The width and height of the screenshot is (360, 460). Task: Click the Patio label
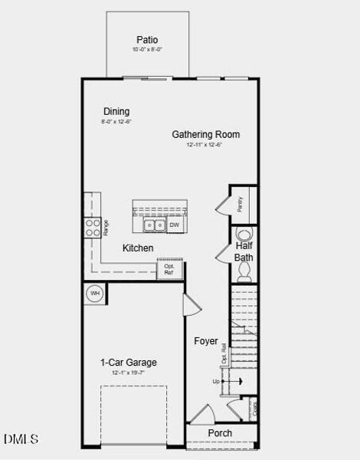pyautogui.click(x=147, y=40)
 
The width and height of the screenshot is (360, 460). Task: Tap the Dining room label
pyautogui.click(x=116, y=111)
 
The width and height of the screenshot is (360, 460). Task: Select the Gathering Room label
pyautogui.click(x=205, y=134)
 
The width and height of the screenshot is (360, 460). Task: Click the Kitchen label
pyautogui.click(x=138, y=248)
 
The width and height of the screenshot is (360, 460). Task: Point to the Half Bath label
pyautogui.click(x=244, y=251)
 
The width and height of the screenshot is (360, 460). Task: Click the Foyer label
pyautogui.click(x=205, y=341)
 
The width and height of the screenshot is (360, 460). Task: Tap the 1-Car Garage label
pyautogui.click(x=129, y=363)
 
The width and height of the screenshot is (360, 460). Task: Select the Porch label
pyautogui.click(x=220, y=433)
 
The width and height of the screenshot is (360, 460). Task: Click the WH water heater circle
pyautogui.click(x=96, y=293)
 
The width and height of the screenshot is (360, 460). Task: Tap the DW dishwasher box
pyautogui.click(x=174, y=225)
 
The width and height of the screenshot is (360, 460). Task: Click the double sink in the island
pyautogui.click(x=153, y=225)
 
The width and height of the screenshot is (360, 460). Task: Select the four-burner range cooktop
pyautogui.click(x=92, y=227)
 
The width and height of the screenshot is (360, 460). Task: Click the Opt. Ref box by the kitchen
pyautogui.click(x=169, y=269)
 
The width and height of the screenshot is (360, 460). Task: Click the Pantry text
pyautogui.click(x=240, y=204)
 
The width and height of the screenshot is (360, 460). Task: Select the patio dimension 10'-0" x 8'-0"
pyautogui.click(x=147, y=50)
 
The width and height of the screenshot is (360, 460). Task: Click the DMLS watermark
pyautogui.click(x=21, y=439)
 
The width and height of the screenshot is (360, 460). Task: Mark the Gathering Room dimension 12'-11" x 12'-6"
pyautogui.click(x=205, y=145)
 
